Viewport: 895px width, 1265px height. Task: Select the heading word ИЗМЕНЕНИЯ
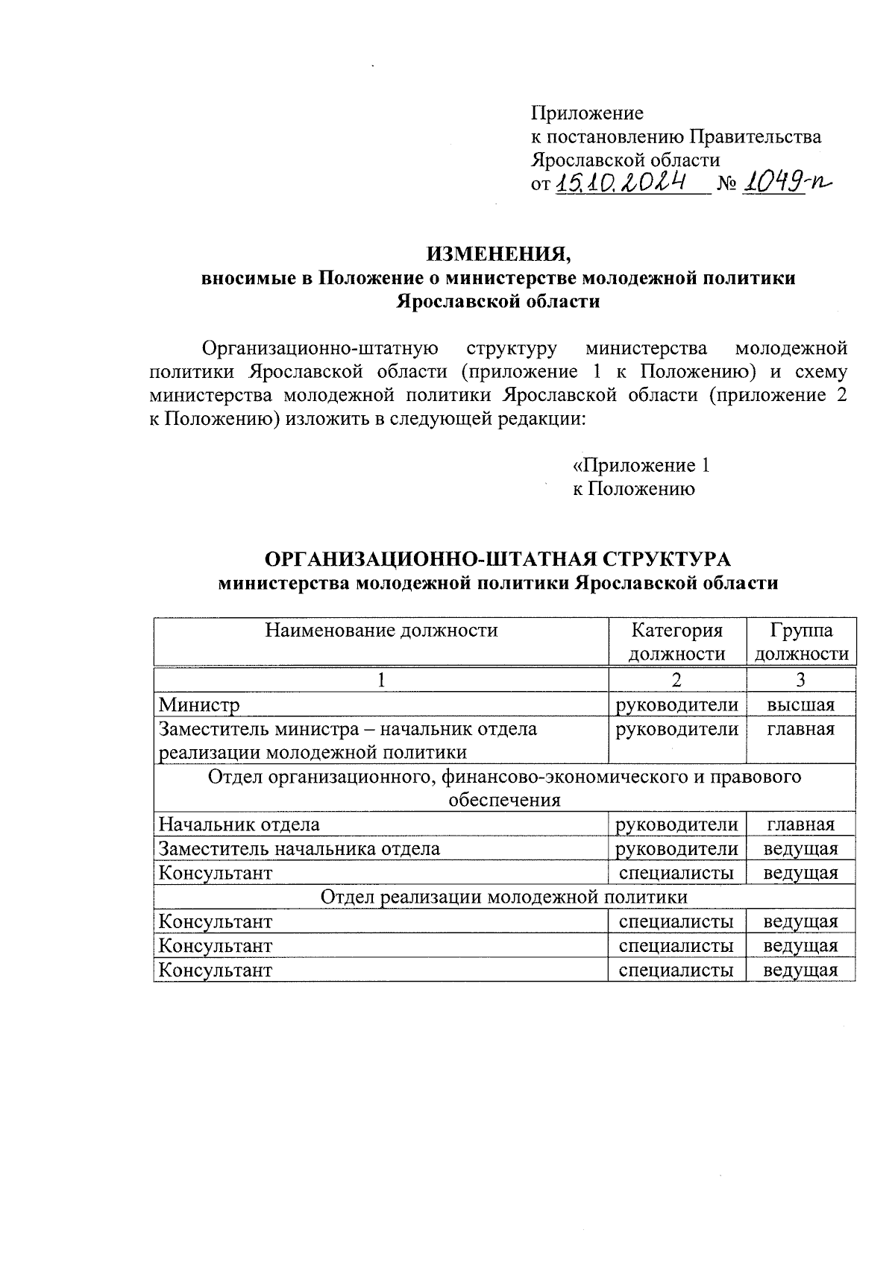498,254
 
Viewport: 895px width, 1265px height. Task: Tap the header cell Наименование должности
381,631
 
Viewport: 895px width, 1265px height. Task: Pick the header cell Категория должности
676,642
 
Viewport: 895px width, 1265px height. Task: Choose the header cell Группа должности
801,642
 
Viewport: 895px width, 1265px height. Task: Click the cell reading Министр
199,704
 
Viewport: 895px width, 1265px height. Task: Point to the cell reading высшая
801,704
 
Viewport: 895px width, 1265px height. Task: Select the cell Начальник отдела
239,824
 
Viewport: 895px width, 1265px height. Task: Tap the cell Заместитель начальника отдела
299,848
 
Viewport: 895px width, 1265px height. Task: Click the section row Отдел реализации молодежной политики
504,896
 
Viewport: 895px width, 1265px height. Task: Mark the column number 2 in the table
676,680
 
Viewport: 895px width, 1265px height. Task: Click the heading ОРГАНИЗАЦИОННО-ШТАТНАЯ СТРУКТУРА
498,559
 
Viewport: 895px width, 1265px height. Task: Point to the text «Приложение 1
641,465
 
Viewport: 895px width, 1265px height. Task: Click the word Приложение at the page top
587,113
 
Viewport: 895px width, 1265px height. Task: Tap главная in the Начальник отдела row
801,824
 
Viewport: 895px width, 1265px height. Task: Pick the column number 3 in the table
801,680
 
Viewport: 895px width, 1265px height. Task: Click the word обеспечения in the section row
504,801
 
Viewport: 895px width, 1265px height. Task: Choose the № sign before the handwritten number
726,184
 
